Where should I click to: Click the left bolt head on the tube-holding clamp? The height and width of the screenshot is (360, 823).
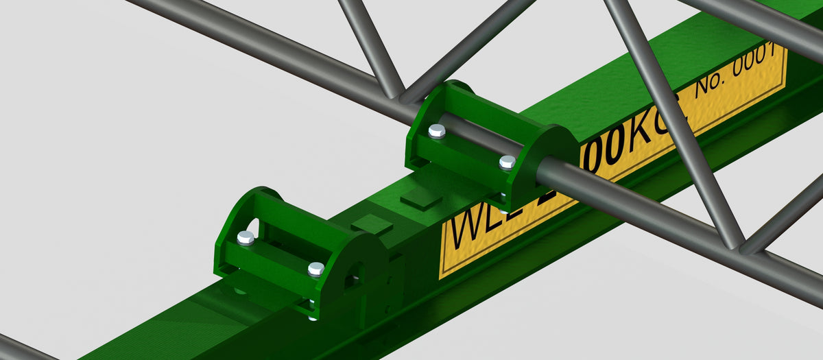(x=436, y=130)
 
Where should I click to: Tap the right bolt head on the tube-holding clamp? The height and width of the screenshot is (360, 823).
(x=507, y=162)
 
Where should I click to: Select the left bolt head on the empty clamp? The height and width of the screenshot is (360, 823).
(x=246, y=237)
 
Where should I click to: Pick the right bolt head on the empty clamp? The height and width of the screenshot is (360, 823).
(x=315, y=269)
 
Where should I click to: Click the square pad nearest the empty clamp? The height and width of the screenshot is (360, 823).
(x=371, y=224)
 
